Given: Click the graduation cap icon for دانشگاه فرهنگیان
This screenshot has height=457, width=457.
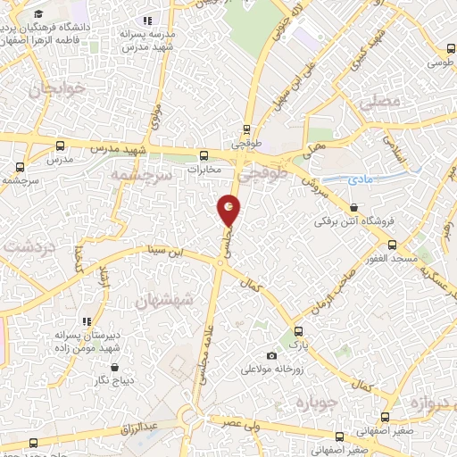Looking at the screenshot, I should [40, 15].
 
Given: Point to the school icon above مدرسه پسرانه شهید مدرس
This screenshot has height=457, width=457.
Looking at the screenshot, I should [147, 20].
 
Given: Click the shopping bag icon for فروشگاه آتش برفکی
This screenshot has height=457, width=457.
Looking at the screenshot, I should [356, 207].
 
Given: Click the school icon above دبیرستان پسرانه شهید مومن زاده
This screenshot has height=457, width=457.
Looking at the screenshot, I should [87, 321].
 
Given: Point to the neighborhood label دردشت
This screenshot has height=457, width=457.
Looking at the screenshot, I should [29, 245].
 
